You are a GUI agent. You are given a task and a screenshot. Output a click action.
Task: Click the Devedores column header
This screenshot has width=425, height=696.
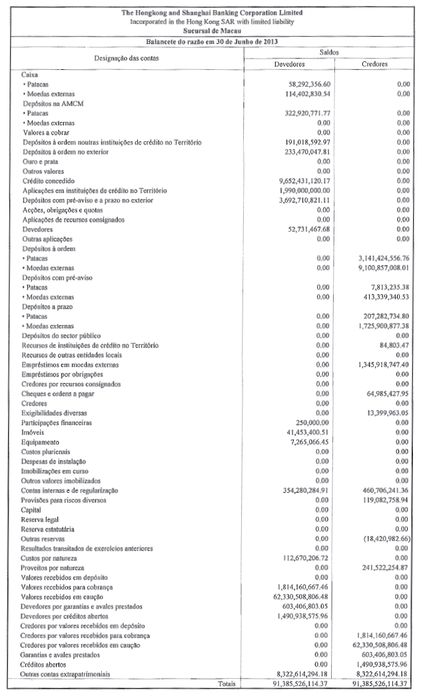(289, 65)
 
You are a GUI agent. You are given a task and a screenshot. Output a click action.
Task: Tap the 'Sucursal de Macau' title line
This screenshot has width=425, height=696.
(212, 31)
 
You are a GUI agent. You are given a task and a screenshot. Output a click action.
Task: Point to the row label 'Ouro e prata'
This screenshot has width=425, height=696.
(41, 162)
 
